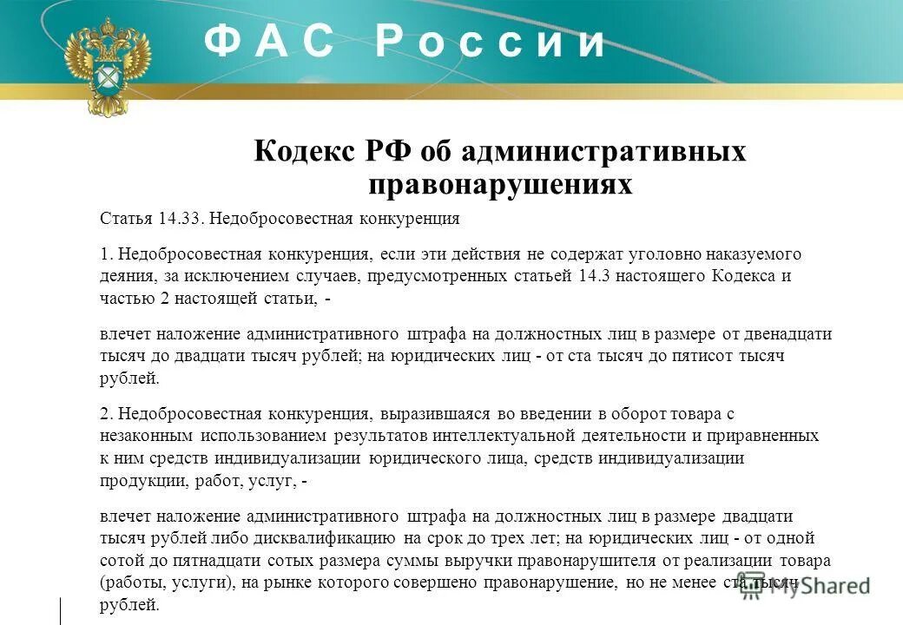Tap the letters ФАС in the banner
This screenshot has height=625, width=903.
[x=269, y=43]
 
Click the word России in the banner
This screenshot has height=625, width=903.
[x=491, y=43]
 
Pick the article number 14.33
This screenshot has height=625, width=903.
[x=180, y=218]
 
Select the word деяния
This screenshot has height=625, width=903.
[x=124, y=276]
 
